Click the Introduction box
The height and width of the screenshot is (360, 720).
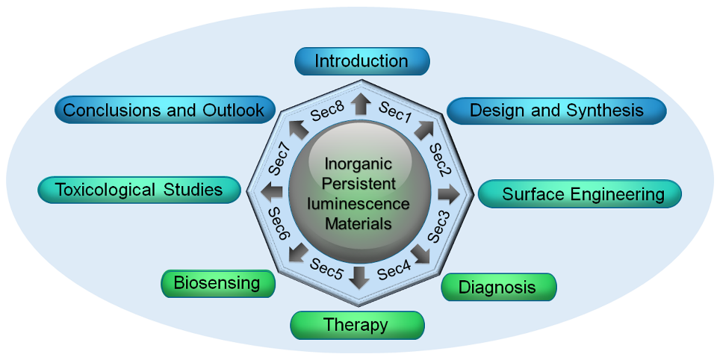(362, 61)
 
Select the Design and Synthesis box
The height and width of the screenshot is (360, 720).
(556, 111)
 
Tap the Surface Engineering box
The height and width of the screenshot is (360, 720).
(580, 195)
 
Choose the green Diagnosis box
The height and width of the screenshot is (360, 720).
(498, 288)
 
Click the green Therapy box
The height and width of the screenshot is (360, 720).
(357, 325)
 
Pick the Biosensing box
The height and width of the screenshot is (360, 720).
(217, 283)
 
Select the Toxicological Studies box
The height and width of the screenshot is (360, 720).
(140, 190)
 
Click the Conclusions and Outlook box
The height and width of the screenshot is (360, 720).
(164, 111)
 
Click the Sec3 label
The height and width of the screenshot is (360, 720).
(438, 227)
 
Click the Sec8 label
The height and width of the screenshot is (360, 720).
(326, 113)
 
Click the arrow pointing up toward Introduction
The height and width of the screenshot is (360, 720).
(361, 104)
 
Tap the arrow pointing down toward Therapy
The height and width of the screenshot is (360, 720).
(360, 277)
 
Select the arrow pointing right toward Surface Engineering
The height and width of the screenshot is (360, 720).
(449, 193)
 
